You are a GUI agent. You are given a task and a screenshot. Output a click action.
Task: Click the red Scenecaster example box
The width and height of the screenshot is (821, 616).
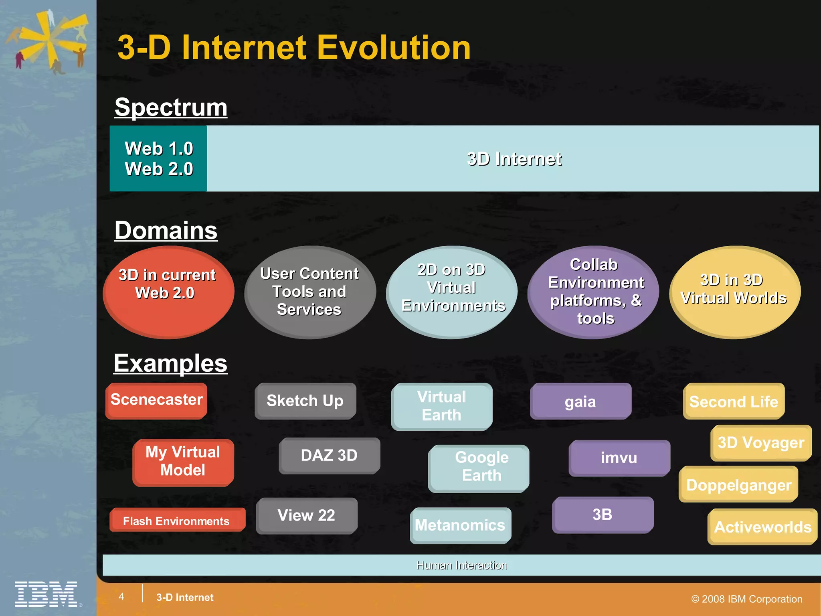pos(157,400)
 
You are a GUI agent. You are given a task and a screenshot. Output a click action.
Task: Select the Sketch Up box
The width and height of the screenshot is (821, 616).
pos(305,401)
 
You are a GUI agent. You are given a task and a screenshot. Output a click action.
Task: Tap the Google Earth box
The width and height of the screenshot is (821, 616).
pos(479,468)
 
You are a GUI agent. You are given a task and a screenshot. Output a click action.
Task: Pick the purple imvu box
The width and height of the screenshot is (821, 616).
pos(619,458)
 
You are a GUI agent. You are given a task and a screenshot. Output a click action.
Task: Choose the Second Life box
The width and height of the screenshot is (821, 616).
pos(734,401)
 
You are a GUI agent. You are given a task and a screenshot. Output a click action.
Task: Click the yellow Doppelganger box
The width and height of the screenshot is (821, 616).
pos(738,484)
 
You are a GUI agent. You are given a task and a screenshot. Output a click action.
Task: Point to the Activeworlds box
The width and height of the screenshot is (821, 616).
pos(762,527)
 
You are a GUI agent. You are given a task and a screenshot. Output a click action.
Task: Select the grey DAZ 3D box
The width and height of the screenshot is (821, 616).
pos(329,456)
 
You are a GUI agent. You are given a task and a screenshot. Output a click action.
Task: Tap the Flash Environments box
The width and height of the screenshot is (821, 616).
pos(177,520)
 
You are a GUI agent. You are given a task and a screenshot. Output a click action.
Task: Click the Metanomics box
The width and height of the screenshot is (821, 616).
pos(460,525)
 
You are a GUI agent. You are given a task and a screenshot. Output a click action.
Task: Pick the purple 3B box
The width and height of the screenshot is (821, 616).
pos(603,515)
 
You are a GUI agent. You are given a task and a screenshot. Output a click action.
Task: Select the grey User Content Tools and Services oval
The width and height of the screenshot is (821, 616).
pos(310,292)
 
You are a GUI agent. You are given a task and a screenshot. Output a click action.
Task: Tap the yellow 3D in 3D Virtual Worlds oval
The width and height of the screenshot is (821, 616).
pos(735,292)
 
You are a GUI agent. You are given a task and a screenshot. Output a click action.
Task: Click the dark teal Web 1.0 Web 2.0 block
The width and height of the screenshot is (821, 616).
pos(158,158)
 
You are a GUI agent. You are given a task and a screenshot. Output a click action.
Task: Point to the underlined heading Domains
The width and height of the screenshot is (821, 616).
pos(166,231)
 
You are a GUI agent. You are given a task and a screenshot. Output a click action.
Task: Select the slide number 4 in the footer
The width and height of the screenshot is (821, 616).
pos(121,596)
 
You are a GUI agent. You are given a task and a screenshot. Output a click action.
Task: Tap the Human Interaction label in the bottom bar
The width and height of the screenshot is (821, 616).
pos(462,565)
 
